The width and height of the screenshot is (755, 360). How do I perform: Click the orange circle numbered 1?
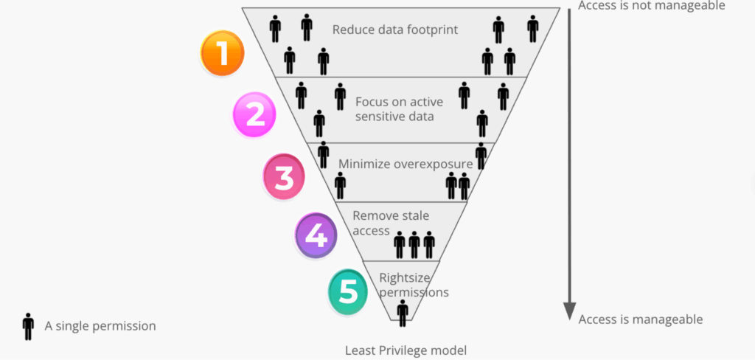click(222, 54)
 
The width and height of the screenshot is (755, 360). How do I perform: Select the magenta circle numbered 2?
click(254, 115)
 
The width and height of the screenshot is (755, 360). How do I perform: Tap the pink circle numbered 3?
click(285, 177)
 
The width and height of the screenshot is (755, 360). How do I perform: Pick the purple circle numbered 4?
click(316, 235)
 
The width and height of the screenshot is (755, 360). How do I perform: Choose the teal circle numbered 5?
click(349, 291)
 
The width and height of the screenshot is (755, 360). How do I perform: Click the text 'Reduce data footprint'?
click(395, 30)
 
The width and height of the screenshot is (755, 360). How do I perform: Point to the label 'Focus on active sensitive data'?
click(394, 108)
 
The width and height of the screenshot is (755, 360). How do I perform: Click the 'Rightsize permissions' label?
click(414, 285)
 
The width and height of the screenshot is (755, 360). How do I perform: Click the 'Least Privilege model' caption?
click(406, 350)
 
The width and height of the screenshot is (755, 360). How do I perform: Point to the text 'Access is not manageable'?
click(652, 6)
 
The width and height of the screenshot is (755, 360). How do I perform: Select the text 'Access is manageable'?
click(641, 319)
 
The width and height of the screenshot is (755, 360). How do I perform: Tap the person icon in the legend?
click(28, 326)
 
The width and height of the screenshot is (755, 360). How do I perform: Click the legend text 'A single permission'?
click(100, 325)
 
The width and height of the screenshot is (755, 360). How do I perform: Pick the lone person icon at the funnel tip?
click(403, 313)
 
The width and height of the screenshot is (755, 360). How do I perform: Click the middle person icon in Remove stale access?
click(414, 244)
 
